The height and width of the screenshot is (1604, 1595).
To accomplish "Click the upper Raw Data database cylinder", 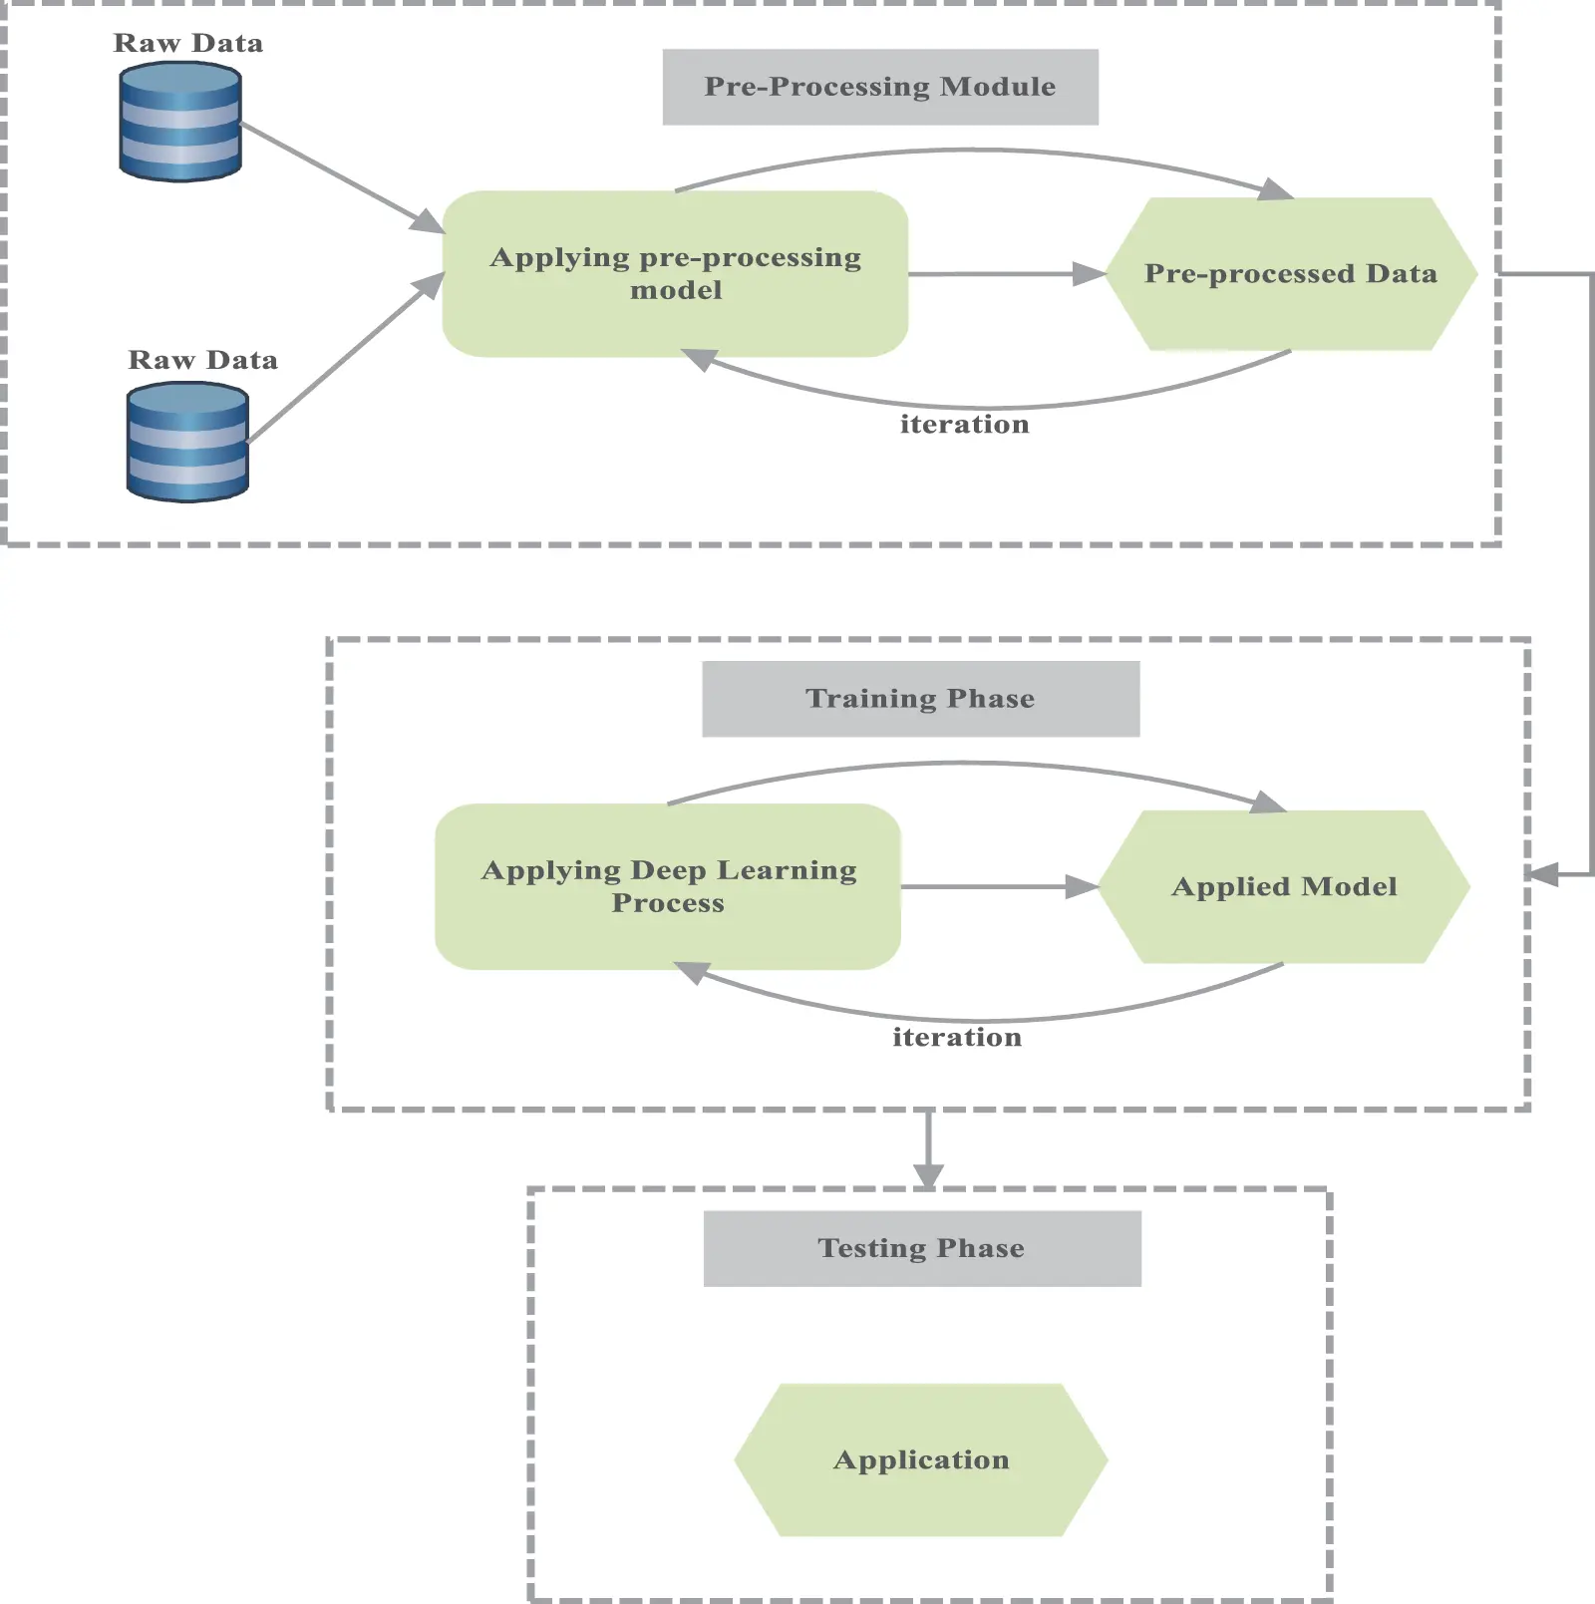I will pyautogui.click(x=180, y=122).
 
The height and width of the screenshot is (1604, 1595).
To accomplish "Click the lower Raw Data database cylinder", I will pyautogui.click(x=187, y=442).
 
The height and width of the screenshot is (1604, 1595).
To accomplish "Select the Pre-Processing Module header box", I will pyautogui.click(x=880, y=87).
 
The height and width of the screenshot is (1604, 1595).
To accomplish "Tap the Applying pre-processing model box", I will pyautogui.click(x=675, y=273).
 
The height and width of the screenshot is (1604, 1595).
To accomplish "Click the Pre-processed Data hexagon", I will pyautogui.click(x=1291, y=273).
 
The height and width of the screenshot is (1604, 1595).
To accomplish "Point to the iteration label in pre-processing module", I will pyautogui.click(x=964, y=425).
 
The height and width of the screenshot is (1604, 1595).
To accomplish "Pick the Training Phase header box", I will pyautogui.click(x=920, y=699).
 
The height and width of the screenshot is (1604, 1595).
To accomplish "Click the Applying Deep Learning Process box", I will pyautogui.click(x=668, y=886).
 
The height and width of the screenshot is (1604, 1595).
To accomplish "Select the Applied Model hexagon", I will pyautogui.click(x=1284, y=886).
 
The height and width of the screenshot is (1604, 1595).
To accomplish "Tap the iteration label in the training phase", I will pyautogui.click(x=957, y=1038).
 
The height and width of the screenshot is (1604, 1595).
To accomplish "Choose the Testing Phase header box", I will pyautogui.click(x=922, y=1248).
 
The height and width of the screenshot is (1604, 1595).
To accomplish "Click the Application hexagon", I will pyautogui.click(x=921, y=1459).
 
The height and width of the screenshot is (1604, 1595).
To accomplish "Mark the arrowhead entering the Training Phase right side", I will pyautogui.click(x=1543, y=875).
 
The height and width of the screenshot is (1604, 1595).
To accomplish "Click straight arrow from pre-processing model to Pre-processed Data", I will pyautogui.click(x=997, y=273).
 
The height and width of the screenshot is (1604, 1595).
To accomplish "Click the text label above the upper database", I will pyautogui.click(x=188, y=43).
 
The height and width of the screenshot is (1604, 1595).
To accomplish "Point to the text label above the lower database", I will pyautogui.click(x=202, y=360).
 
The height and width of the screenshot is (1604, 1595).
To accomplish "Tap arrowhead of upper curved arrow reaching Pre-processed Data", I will pyautogui.click(x=1275, y=189).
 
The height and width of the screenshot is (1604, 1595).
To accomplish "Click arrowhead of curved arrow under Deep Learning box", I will pyautogui.click(x=691, y=972).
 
